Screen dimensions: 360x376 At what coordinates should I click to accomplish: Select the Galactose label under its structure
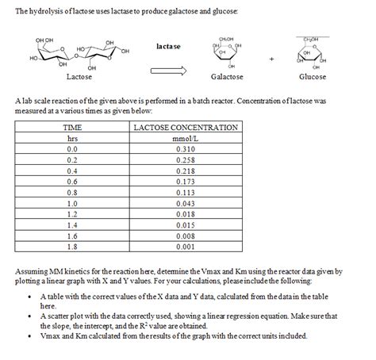click(x=227, y=77)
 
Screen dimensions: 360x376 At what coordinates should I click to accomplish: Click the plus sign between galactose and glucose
click(x=272, y=58)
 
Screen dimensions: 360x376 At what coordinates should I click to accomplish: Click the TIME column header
click(x=73, y=127)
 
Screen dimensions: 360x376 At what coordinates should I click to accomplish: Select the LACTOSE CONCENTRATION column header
click(x=186, y=127)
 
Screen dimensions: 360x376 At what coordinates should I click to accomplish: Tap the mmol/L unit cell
click(x=186, y=137)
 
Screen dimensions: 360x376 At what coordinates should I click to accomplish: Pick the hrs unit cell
click(x=73, y=137)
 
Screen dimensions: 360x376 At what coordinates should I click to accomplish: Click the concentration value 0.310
click(x=186, y=148)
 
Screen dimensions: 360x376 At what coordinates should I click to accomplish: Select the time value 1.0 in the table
click(x=73, y=202)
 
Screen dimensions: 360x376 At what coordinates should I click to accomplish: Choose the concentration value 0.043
click(x=186, y=202)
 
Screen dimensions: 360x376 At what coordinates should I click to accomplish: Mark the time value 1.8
click(x=73, y=246)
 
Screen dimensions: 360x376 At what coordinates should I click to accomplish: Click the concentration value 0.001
click(x=186, y=246)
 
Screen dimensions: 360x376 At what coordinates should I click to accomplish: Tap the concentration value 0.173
click(x=186, y=181)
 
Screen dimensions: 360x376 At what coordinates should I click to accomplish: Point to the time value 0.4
click(x=73, y=170)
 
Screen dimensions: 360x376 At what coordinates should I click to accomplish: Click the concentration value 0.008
click(x=186, y=235)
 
